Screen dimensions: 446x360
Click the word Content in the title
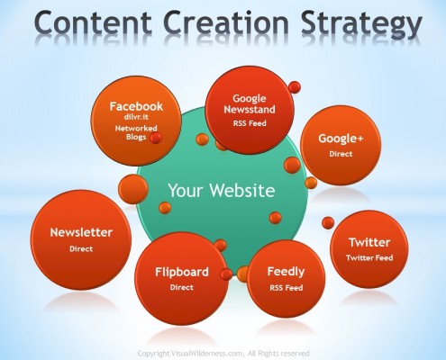click(x=93, y=22)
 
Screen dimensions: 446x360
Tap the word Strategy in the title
click(x=361, y=24)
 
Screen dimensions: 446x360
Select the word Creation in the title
click(x=226, y=22)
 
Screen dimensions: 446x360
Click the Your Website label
click(x=222, y=190)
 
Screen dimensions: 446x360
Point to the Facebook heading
click(x=136, y=106)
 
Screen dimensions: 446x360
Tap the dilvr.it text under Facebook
click(x=136, y=117)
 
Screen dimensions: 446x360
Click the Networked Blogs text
click(x=136, y=132)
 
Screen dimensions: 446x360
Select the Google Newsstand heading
click(x=250, y=103)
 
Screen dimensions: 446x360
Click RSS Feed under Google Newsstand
click(x=250, y=123)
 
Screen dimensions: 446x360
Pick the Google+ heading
click(x=341, y=139)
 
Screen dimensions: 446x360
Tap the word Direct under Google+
click(x=341, y=154)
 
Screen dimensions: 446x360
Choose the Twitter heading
click(x=369, y=242)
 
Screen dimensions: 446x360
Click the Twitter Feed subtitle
click(x=369, y=257)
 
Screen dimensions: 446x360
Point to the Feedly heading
click(x=286, y=272)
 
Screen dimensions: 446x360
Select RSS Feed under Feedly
click(x=287, y=288)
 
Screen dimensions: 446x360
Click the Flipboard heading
click(x=182, y=272)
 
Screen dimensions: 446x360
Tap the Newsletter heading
click(x=81, y=232)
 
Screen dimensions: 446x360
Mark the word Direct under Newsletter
click(x=81, y=248)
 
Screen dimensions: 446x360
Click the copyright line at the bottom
click(x=223, y=353)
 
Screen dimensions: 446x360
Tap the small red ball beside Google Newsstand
click(x=295, y=87)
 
